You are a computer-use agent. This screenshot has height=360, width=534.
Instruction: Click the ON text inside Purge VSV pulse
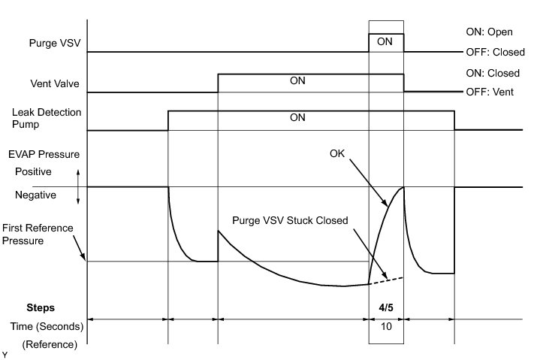[x=385, y=42]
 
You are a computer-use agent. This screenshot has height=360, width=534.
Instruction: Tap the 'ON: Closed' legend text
[x=492, y=74]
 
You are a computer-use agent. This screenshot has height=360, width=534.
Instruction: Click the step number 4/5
[x=385, y=307]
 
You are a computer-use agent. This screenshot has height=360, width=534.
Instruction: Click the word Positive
[x=35, y=171]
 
